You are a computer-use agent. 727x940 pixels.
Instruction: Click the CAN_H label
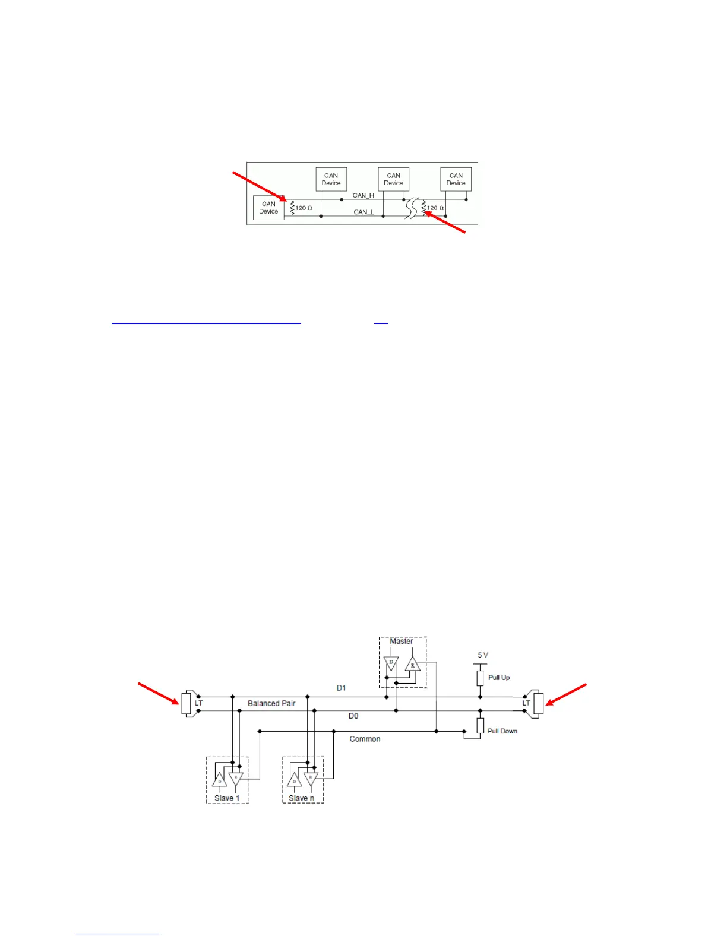pyautogui.click(x=363, y=195)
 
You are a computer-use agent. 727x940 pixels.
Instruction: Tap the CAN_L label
pyautogui.click(x=363, y=212)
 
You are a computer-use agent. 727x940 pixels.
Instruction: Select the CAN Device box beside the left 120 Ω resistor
pyautogui.click(x=268, y=208)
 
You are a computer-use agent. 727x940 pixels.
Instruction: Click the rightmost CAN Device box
pyautogui.click(x=456, y=179)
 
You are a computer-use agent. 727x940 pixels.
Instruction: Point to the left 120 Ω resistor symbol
pyautogui.click(x=292, y=207)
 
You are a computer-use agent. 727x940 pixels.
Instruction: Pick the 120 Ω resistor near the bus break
pyautogui.click(x=423, y=208)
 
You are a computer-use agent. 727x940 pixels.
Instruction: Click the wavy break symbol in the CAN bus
pyautogui.click(x=412, y=208)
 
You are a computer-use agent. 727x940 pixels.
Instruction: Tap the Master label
pyautogui.click(x=401, y=641)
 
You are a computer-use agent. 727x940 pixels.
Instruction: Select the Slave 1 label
pyautogui.click(x=227, y=798)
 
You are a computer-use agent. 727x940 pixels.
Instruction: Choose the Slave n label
pyautogui.click(x=302, y=798)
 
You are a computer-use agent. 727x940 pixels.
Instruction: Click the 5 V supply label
pyautogui.click(x=483, y=655)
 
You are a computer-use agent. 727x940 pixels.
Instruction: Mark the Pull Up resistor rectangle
pyautogui.click(x=480, y=678)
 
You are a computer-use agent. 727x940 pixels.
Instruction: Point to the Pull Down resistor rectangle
pyautogui.click(x=480, y=725)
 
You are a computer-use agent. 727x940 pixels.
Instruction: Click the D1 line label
pyautogui.click(x=341, y=688)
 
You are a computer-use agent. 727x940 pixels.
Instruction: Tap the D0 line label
pyautogui.click(x=353, y=716)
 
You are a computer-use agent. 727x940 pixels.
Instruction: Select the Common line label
pyautogui.click(x=365, y=739)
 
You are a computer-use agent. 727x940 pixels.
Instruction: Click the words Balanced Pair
pyautogui.click(x=271, y=703)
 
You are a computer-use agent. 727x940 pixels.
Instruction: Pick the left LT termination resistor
pyautogui.click(x=187, y=704)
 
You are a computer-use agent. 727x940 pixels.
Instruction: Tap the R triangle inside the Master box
pyautogui.click(x=413, y=665)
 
